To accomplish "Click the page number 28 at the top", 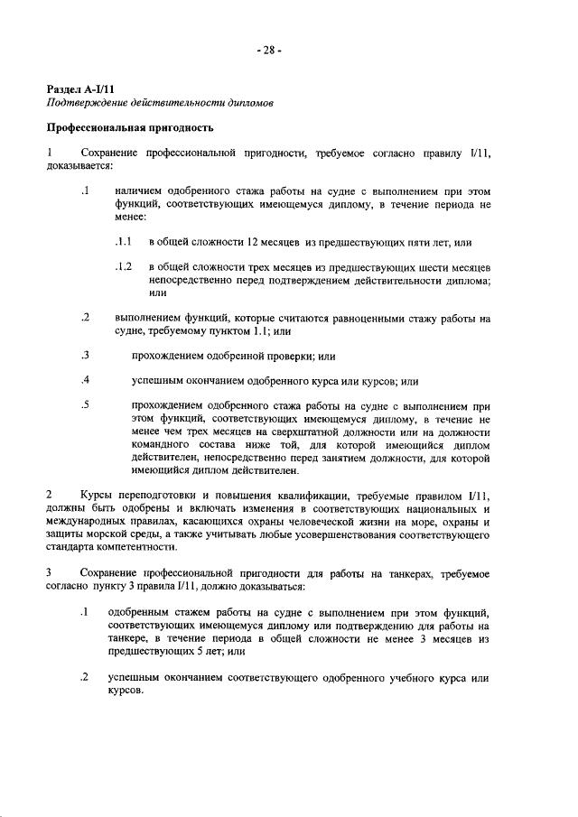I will pos(269,51).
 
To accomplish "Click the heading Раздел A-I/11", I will pos(81,88).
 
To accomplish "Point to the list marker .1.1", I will pos(124,243).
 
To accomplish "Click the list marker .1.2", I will pos(124,268).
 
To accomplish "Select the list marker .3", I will pos(85,356).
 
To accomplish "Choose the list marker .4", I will pos(85,381).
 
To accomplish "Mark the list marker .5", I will pos(85,405).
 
